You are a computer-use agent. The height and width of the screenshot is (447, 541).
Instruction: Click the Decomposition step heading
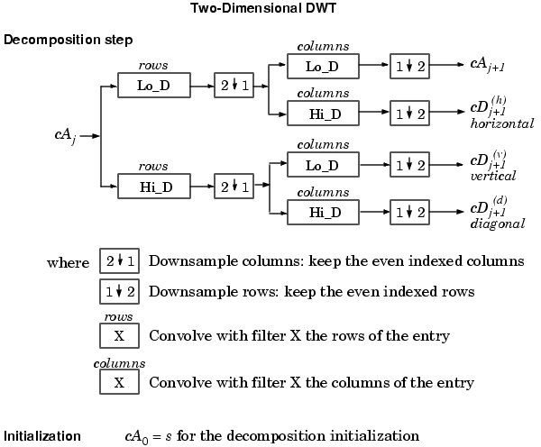69,41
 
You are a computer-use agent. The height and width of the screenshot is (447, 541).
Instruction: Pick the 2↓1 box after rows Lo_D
233,87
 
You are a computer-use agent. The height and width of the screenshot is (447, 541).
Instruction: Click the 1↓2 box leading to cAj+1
408,66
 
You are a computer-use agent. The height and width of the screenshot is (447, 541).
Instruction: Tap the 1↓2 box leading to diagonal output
408,213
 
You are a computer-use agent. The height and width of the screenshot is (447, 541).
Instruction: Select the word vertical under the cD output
493,177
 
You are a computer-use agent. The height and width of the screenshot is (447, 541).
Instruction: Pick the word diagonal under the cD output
497,223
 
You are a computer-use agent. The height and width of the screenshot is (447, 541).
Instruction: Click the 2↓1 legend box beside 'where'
119,262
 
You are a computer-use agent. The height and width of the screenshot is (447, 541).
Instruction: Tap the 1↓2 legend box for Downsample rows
119,293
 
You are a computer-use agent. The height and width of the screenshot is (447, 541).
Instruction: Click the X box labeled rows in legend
119,335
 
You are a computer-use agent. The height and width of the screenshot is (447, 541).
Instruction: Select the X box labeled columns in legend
119,382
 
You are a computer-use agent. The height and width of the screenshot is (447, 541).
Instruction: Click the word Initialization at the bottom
42,436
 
